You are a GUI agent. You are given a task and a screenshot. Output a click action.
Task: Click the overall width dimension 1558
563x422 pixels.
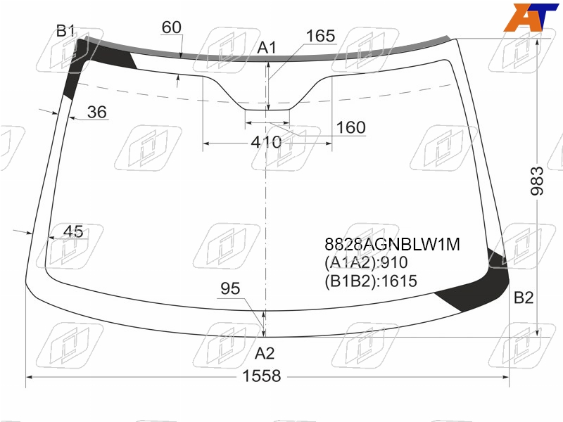(261, 376)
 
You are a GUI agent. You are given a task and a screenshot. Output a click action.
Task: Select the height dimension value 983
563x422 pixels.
(537, 181)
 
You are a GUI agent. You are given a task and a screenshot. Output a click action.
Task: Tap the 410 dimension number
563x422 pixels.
(266, 143)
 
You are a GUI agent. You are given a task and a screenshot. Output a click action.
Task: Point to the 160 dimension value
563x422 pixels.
(350, 127)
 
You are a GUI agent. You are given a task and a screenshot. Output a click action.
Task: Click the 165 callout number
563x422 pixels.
(320, 36)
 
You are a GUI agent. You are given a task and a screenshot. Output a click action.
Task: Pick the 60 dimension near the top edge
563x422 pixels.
(171, 27)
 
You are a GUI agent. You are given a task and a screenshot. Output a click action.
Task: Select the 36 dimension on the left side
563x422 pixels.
(96, 112)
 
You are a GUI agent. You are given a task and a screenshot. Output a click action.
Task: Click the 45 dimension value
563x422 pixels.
(73, 231)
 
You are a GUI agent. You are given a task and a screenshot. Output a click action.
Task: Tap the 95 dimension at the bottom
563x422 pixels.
(230, 288)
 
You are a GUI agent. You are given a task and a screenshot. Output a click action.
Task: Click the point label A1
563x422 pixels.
(267, 48)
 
